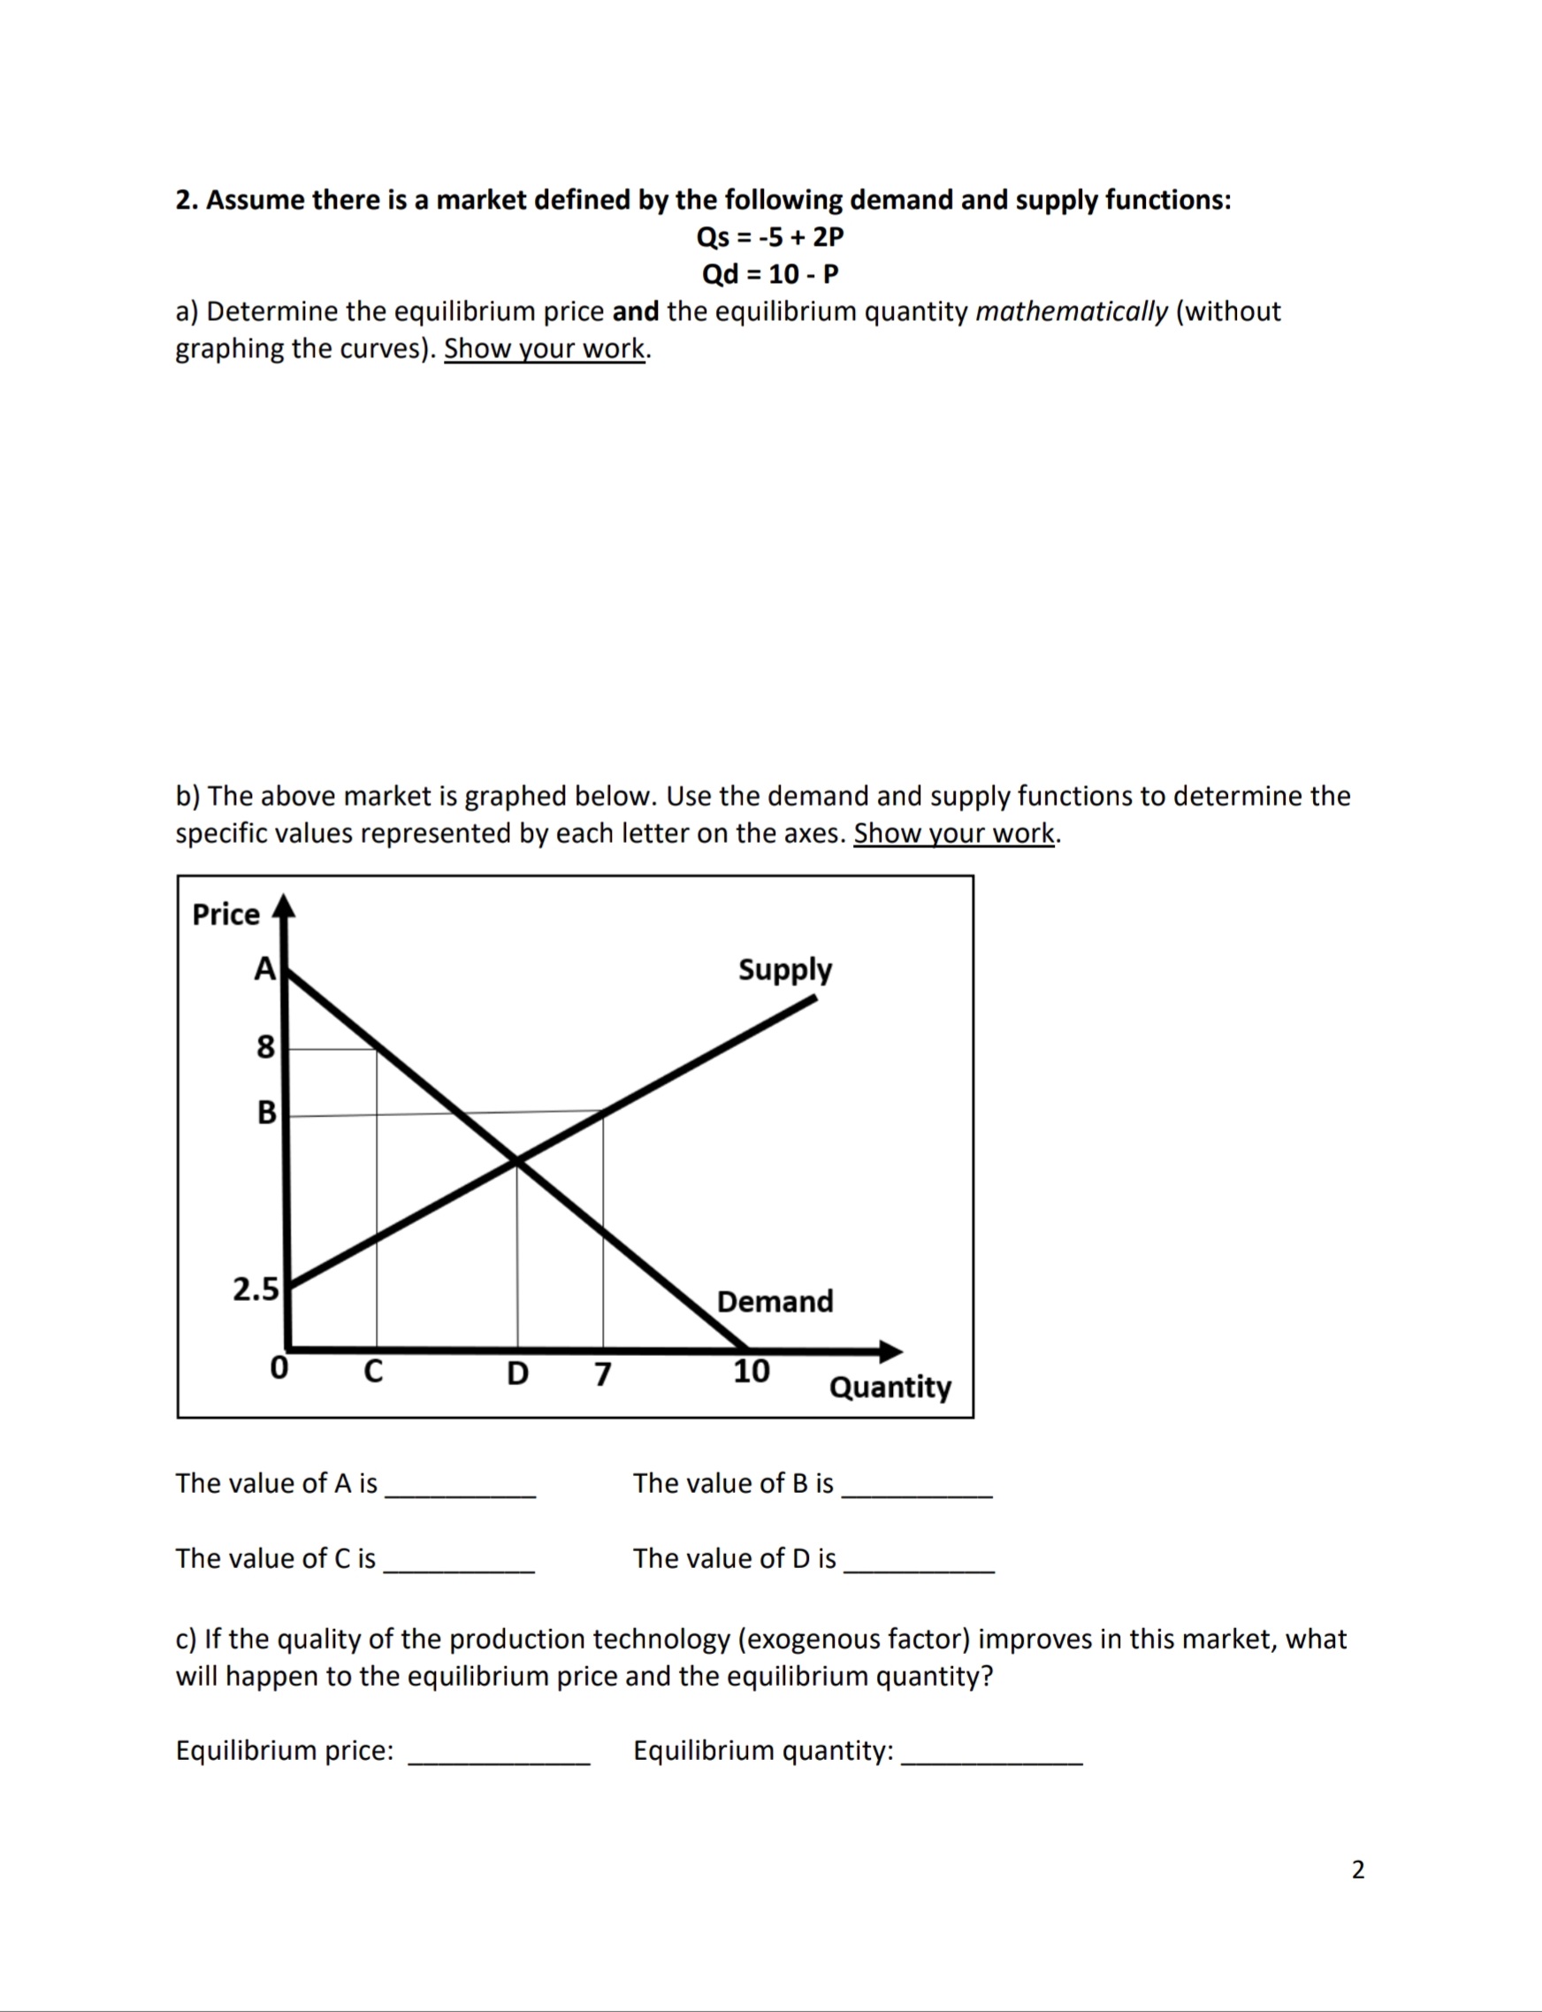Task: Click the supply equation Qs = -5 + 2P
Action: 770,237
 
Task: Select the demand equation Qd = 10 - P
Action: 770,274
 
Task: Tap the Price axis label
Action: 225,915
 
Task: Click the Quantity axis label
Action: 889,1386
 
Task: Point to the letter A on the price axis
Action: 264,968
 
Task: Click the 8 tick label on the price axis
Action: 264,1046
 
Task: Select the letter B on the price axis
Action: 266,1113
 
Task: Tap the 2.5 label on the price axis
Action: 256,1289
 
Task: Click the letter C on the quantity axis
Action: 372,1372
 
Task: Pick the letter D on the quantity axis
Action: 517,1373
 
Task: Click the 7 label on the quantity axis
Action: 602,1374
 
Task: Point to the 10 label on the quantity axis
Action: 751,1372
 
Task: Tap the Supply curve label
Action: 785,970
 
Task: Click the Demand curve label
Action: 775,1302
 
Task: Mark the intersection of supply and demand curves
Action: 516,1162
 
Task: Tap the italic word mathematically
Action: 1071,312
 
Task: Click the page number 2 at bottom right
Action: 1357,1870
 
